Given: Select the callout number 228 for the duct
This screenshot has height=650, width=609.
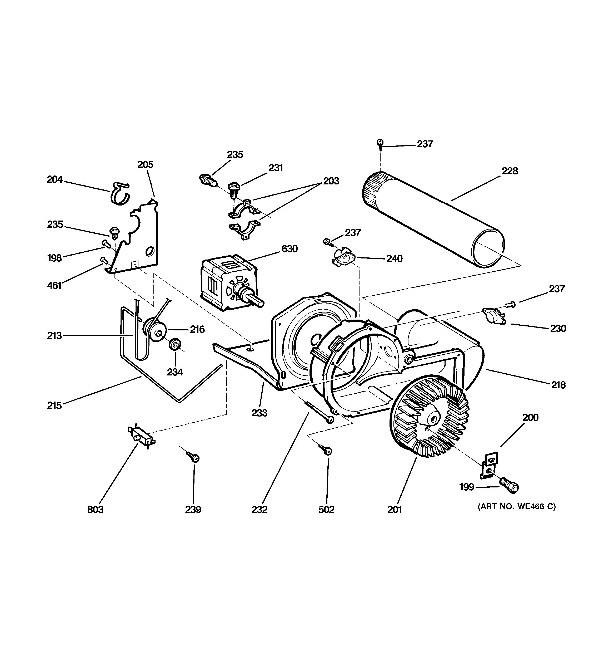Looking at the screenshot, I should point(510,171).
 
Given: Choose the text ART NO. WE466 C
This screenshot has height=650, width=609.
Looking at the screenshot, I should point(517,506).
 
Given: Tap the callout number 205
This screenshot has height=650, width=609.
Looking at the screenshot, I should point(145,164).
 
